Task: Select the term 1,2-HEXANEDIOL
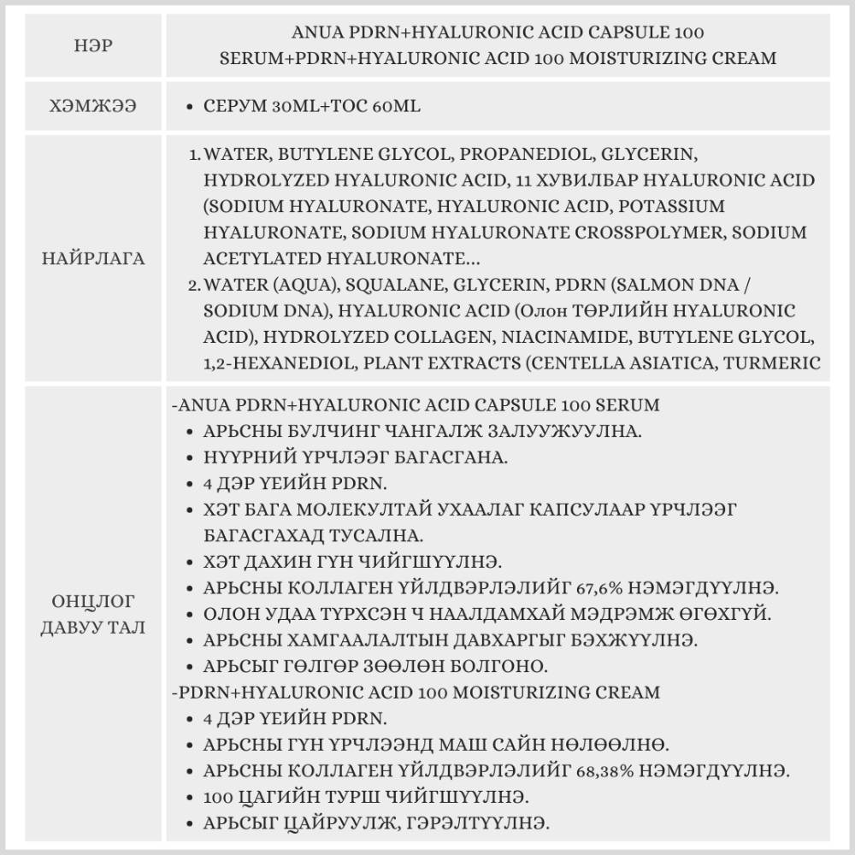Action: (x=279, y=362)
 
